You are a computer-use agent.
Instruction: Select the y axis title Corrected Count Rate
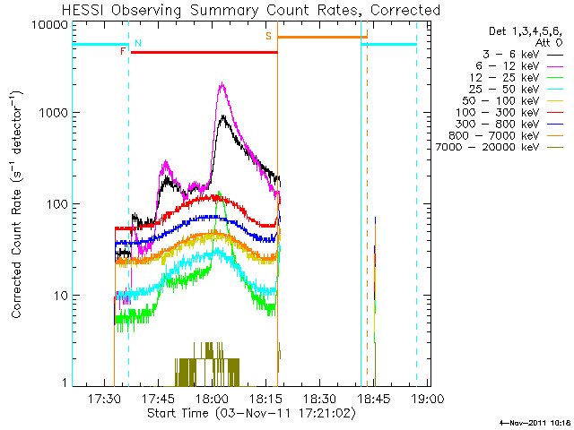17,204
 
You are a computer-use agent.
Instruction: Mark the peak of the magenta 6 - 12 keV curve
221,84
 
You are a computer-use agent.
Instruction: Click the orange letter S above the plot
268,36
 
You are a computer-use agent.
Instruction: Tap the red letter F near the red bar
123,52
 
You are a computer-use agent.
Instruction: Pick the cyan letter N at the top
137,43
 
